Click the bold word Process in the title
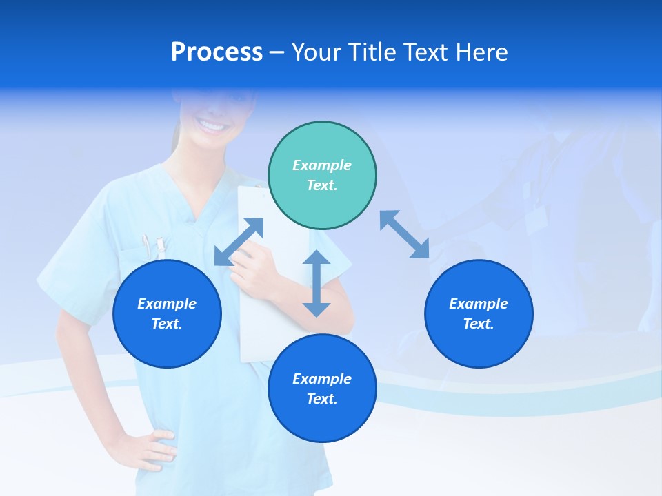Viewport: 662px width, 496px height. pos(217,52)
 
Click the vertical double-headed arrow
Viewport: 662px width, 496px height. pos(317,283)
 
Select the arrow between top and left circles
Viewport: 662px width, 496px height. pos(239,241)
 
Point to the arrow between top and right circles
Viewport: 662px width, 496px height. pos(404,234)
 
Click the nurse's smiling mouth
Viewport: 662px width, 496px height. pos(212,125)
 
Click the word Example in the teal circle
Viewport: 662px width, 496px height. pos(322,165)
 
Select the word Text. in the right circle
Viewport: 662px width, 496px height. pos(479,324)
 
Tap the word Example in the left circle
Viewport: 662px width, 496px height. pos(167,304)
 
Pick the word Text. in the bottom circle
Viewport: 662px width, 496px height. pos(322,399)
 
